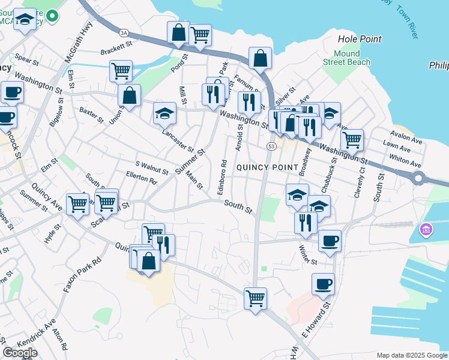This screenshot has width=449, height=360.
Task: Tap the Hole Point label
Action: [x=359, y=39]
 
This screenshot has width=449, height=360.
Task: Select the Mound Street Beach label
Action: [x=347, y=58]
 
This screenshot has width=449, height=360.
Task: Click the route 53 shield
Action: [x=272, y=146]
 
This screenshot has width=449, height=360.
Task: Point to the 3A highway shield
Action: [x=124, y=33]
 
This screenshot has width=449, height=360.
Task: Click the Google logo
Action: [x=20, y=352]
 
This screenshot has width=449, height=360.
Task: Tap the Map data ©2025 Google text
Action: [x=411, y=355]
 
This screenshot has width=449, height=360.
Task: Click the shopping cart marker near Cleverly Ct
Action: [x=352, y=140]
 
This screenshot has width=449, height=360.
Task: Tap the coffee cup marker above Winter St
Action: [x=329, y=241]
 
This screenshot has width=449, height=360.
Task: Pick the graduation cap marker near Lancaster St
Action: [x=164, y=113]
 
